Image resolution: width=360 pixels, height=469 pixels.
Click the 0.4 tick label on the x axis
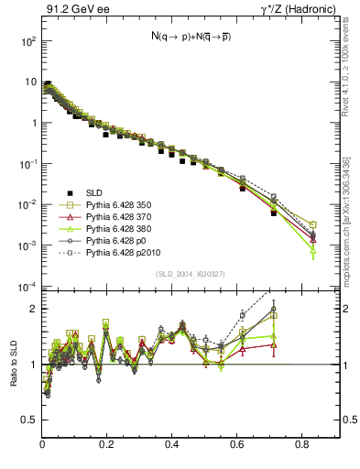172,444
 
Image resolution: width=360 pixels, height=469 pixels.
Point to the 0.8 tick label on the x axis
301,444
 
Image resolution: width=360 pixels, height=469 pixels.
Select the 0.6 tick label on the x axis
236,444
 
